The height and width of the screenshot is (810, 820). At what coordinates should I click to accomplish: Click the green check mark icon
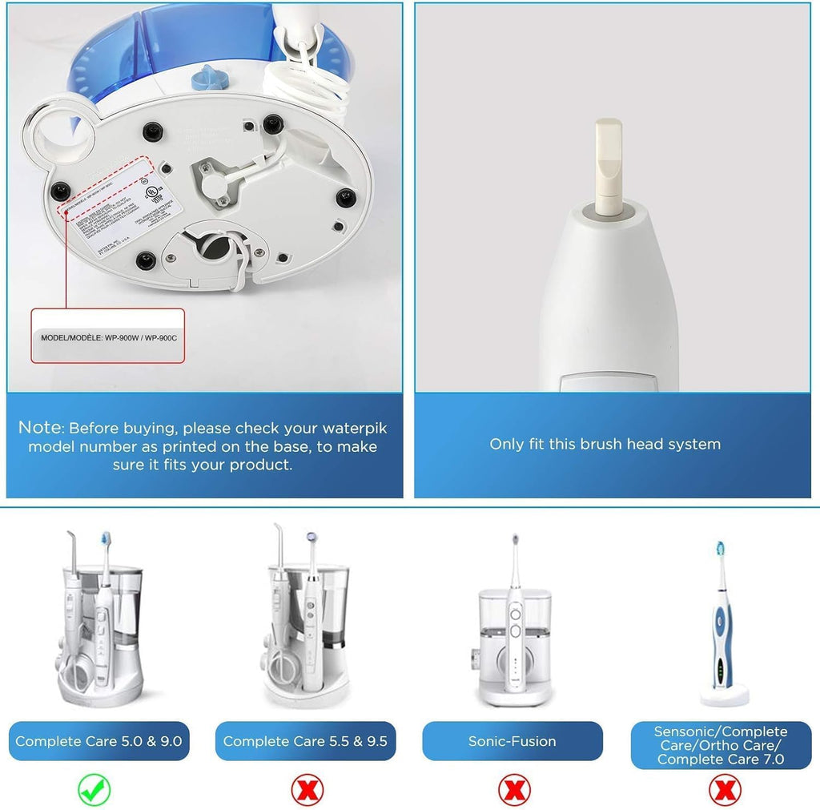pyautogui.click(x=94, y=791)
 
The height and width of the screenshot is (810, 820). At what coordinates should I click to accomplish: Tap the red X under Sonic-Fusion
pyautogui.click(x=513, y=791)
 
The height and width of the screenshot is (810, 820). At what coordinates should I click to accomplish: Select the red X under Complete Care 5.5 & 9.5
pyautogui.click(x=305, y=791)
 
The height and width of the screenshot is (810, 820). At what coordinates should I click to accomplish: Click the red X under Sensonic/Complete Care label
pyautogui.click(x=724, y=791)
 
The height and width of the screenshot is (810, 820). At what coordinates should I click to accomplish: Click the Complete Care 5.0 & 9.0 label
pyautogui.click(x=98, y=741)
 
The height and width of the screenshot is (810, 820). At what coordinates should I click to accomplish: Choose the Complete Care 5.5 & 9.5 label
pyautogui.click(x=305, y=741)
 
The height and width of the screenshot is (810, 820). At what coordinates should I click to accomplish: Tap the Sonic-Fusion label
pyautogui.click(x=512, y=741)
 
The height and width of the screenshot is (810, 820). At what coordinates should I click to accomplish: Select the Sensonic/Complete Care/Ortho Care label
pyautogui.click(x=721, y=744)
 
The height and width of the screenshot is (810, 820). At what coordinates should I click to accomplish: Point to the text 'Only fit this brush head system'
pyautogui.click(x=605, y=444)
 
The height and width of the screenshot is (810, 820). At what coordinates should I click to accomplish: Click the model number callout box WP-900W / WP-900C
pyautogui.click(x=108, y=337)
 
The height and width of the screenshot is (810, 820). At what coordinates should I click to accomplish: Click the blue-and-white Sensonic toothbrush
pyautogui.click(x=722, y=625)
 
